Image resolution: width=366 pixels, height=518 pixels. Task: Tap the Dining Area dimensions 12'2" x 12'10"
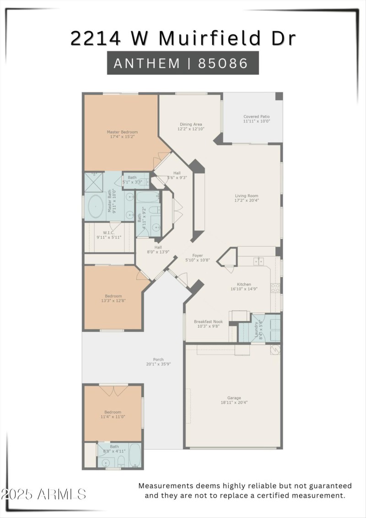coord(191,129)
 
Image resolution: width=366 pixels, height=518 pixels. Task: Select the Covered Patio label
coord(257,117)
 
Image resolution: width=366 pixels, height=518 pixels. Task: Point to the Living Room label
coord(247,196)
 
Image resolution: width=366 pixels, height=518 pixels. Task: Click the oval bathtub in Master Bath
coord(96,207)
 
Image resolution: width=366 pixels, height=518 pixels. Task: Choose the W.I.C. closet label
coord(108,232)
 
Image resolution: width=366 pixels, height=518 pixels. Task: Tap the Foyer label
coord(198,256)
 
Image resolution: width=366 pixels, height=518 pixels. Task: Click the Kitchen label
coord(243,284)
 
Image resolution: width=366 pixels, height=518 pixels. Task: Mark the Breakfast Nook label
coord(208,322)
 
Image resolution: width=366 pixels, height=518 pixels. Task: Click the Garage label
coord(234,398)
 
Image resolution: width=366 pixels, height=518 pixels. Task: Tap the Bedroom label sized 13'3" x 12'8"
coord(113,296)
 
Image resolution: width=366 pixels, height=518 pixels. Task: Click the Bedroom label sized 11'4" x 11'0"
coord(113,412)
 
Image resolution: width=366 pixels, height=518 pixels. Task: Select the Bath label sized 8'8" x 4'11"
coord(114,447)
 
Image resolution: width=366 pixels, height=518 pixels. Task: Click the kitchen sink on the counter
coord(259,261)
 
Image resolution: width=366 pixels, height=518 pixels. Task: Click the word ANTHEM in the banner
coord(147,63)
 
